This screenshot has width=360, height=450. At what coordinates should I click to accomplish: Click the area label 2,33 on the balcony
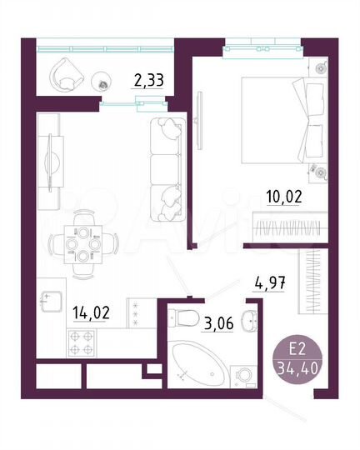coord(147,81)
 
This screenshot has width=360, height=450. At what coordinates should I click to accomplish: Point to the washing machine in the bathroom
coord(244,374)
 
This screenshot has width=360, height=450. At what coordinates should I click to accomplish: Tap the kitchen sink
coord(52,297)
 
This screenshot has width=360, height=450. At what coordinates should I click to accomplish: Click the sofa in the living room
coord(165,162)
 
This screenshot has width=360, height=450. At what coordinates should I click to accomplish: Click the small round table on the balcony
coord(102,82)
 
